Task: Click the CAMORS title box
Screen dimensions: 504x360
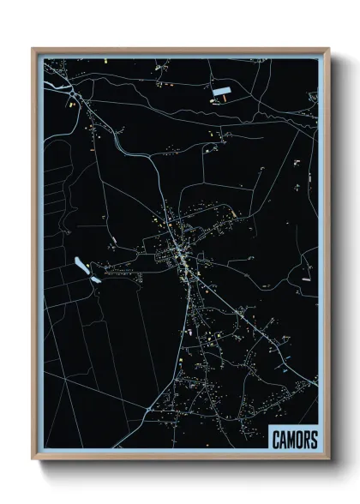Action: [x=294, y=440]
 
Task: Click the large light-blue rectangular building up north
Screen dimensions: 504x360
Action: [x=223, y=90]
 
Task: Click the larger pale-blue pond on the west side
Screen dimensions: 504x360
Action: [x=81, y=266]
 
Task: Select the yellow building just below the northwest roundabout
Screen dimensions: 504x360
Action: [x=71, y=104]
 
